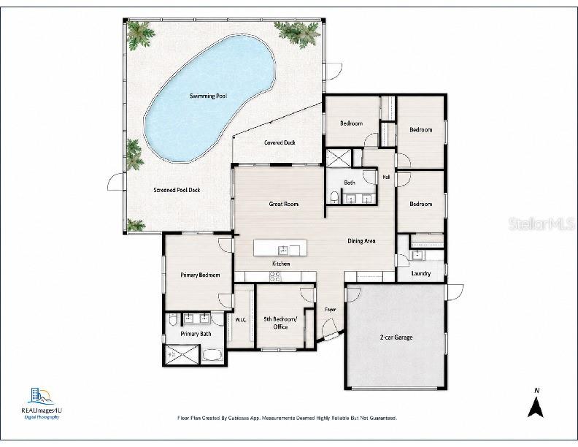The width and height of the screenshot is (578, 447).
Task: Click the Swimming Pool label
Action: [x=208, y=96]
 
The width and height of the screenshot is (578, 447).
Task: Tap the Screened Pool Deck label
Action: [x=177, y=190]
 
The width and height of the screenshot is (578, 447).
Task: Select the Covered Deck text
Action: [x=280, y=142]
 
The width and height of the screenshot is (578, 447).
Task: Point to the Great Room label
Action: [x=283, y=204]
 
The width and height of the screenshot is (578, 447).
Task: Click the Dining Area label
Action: [x=362, y=241]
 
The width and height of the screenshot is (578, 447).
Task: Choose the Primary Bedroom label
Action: [x=200, y=275]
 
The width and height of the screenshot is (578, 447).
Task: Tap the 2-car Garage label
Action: [x=396, y=337]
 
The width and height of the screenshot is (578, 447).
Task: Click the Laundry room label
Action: [x=421, y=274]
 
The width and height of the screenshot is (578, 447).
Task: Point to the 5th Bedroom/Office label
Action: [x=280, y=323]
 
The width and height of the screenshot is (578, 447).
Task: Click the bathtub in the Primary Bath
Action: [x=212, y=355]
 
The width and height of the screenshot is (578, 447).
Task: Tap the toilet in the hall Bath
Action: [x=334, y=198]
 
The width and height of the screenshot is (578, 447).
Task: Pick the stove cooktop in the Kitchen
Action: [x=275, y=277]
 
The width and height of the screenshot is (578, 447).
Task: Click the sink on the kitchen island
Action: [x=283, y=250]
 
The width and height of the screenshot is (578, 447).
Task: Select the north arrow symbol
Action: [x=536, y=406]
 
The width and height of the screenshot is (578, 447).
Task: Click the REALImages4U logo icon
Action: [x=41, y=396]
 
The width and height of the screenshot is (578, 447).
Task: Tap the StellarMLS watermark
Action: [x=541, y=223]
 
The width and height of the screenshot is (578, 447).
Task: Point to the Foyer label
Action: [x=331, y=310]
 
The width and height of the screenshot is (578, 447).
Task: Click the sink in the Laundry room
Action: [x=417, y=255]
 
